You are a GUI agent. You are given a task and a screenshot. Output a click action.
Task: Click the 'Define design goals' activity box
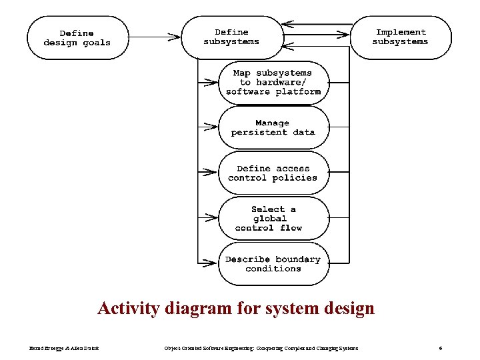point(77,37)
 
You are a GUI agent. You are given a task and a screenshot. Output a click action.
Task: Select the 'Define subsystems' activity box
point(231,37)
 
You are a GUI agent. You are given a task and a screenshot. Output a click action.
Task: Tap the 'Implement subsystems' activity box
point(400,37)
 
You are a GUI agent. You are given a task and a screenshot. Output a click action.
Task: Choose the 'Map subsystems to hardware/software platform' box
point(273,82)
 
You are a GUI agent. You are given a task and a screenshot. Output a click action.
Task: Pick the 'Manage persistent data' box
point(273,127)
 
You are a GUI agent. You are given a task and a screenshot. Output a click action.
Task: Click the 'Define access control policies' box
point(273,173)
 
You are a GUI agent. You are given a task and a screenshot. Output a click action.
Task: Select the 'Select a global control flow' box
point(273,218)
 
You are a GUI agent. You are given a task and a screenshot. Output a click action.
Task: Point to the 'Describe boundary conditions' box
point(273,264)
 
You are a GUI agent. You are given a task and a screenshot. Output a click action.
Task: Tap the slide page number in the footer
point(441,348)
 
